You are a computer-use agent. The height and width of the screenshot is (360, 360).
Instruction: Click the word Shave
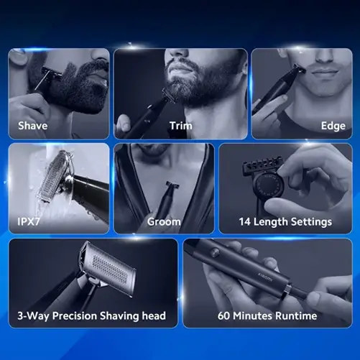pyautogui.click(x=32, y=126)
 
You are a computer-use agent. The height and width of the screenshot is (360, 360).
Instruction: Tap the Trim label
pyautogui.click(x=180, y=126)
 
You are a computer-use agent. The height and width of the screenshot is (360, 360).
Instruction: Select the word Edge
pyautogui.click(x=333, y=126)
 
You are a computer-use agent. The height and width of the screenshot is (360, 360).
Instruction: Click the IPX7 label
pyautogui.click(x=29, y=221)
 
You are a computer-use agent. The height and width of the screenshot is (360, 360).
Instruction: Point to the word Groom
pyautogui.click(x=164, y=222)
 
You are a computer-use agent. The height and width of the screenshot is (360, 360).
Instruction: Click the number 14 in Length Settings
pyautogui.click(x=245, y=222)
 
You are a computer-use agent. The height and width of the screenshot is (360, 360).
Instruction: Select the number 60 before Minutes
pyautogui.click(x=223, y=316)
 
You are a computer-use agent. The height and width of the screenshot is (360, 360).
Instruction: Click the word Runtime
pyautogui.click(x=296, y=316)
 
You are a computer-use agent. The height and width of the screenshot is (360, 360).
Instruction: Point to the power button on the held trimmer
pyautogui.click(x=214, y=251)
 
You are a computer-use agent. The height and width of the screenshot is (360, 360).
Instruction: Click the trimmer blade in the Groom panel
pyautogui.click(x=172, y=185)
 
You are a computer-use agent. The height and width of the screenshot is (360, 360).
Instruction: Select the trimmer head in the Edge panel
pyautogui.click(x=300, y=68)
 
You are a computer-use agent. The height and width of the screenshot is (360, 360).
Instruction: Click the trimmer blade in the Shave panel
pyautogui.click(x=48, y=74)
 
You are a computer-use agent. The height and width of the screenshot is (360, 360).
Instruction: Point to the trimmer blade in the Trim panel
pyautogui.click(x=168, y=96)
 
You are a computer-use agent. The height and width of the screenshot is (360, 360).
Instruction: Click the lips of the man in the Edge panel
pyautogui.click(x=326, y=71)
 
